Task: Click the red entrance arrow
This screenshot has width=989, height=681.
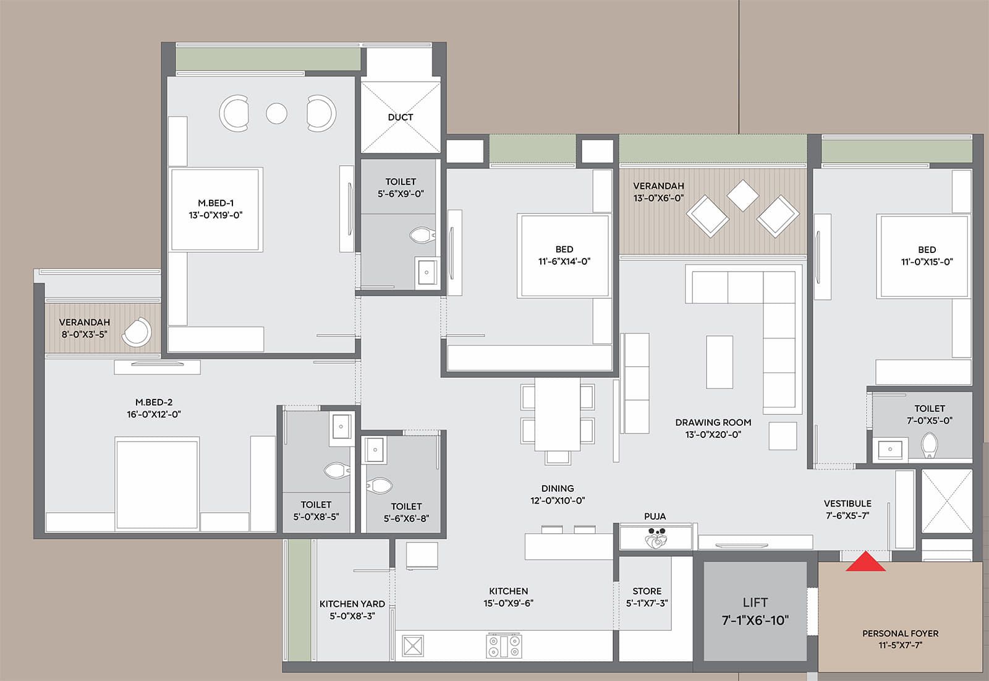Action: click(x=865, y=562)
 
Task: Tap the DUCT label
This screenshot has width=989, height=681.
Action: click(x=401, y=117)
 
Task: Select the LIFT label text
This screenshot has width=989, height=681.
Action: click(x=755, y=602)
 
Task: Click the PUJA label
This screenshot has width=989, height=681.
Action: click(x=655, y=516)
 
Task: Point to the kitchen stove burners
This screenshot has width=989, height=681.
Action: click(x=504, y=646)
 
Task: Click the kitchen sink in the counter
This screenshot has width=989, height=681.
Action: click(x=412, y=646)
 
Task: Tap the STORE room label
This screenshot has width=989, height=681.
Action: click(x=647, y=591)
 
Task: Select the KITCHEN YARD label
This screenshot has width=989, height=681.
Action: click(x=352, y=604)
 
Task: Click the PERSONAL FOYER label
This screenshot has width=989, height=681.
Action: click(x=900, y=633)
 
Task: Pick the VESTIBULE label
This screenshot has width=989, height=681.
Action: click(x=847, y=503)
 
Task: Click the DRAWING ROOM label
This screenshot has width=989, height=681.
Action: click(x=713, y=422)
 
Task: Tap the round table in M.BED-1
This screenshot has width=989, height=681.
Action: click(x=276, y=113)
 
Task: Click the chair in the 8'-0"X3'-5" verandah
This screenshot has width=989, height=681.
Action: click(x=137, y=333)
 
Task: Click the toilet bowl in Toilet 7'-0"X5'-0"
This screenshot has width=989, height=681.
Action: click(x=929, y=445)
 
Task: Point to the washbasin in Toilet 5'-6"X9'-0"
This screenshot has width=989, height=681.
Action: click(x=427, y=272)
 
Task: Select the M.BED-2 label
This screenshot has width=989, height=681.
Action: click(x=154, y=402)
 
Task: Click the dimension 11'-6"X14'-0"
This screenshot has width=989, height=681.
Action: click(x=564, y=262)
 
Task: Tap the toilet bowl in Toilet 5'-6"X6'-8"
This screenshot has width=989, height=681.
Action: click(x=379, y=486)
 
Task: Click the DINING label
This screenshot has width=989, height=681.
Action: click(x=557, y=489)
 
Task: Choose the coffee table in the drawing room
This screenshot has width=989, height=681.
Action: click(x=719, y=362)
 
